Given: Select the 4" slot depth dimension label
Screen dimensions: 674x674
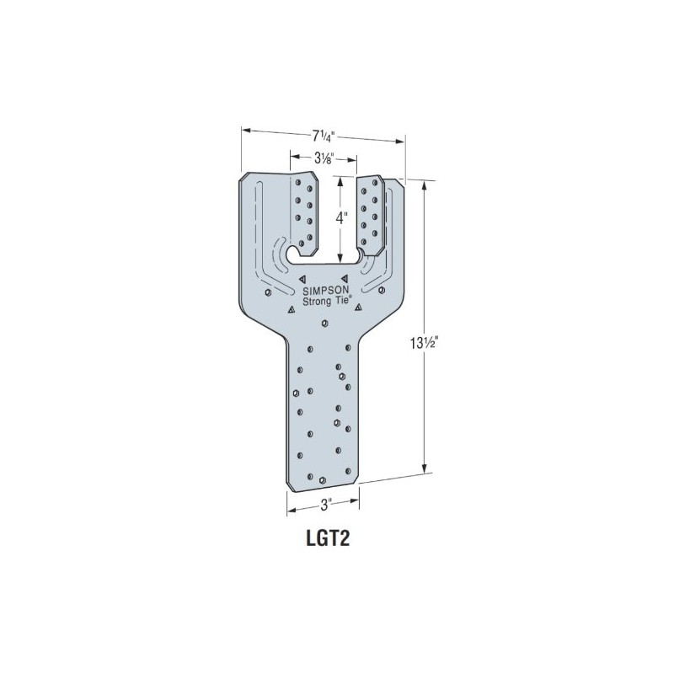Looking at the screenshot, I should pos(341,217).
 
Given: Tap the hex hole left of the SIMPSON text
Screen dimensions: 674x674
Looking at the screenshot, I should pos(268,292).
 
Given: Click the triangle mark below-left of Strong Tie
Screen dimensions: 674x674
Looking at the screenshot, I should pos(291,311).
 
